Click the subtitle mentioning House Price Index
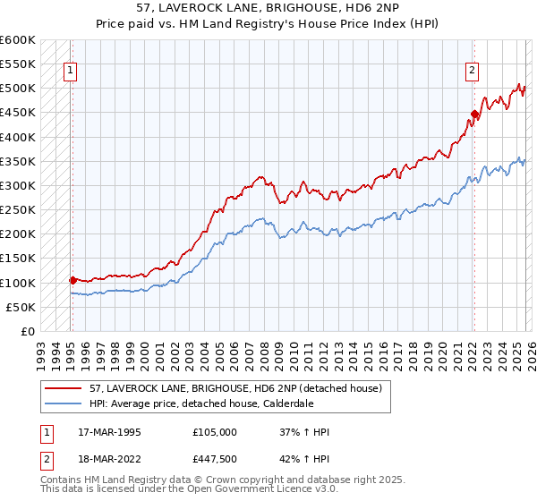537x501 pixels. [268, 24]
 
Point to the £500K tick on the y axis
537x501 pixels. [18, 89]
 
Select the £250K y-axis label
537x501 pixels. [18, 210]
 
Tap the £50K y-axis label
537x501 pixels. [21, 307]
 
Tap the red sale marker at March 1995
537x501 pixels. [72, 280]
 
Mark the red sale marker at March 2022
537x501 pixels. [474, 115]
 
